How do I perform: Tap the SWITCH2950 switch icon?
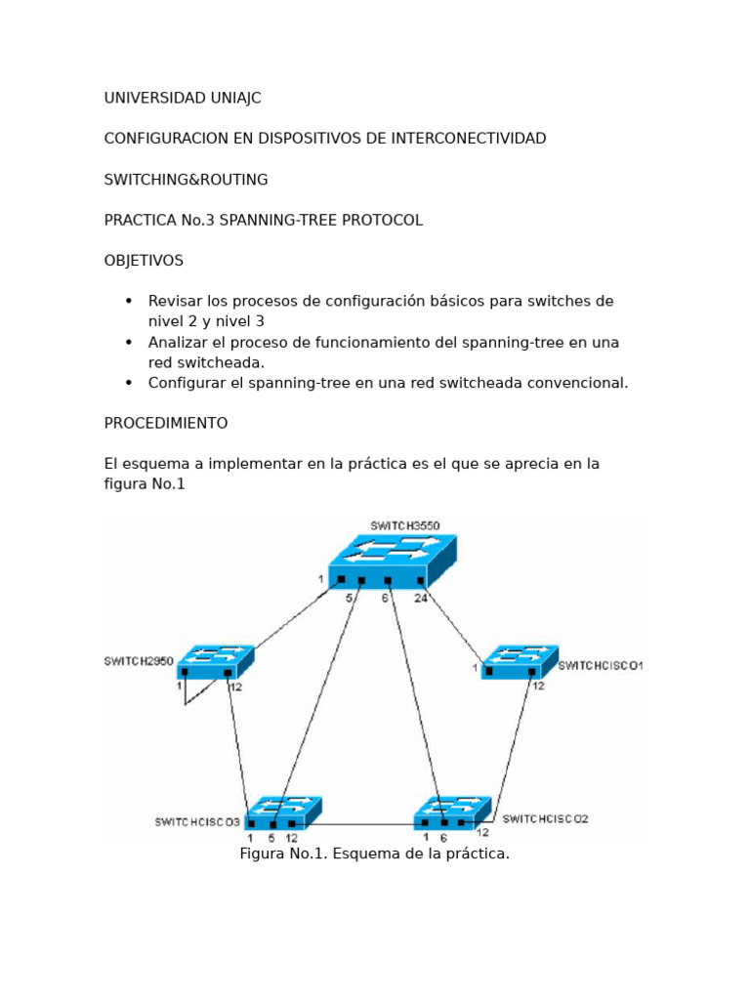tap(216, 661)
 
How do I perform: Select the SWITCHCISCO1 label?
tap(600, 666)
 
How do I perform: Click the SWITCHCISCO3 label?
tap(197, 821)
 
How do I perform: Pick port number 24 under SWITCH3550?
tap(420, 598)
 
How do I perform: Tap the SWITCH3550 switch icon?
tap(391, 562)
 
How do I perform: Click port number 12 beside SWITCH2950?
tap(235, 686)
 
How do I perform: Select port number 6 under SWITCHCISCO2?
tap(443, 838)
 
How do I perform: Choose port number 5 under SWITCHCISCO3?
tap(271, 838)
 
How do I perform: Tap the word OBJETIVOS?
tap(144, 261)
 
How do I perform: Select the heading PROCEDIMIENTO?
tap(166, 423)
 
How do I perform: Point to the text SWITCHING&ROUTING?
tap(186, 180)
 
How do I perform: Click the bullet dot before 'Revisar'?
tap(128, 301)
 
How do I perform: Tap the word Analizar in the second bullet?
tap(179, 342)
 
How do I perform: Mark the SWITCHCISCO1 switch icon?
tap(520, 661)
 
